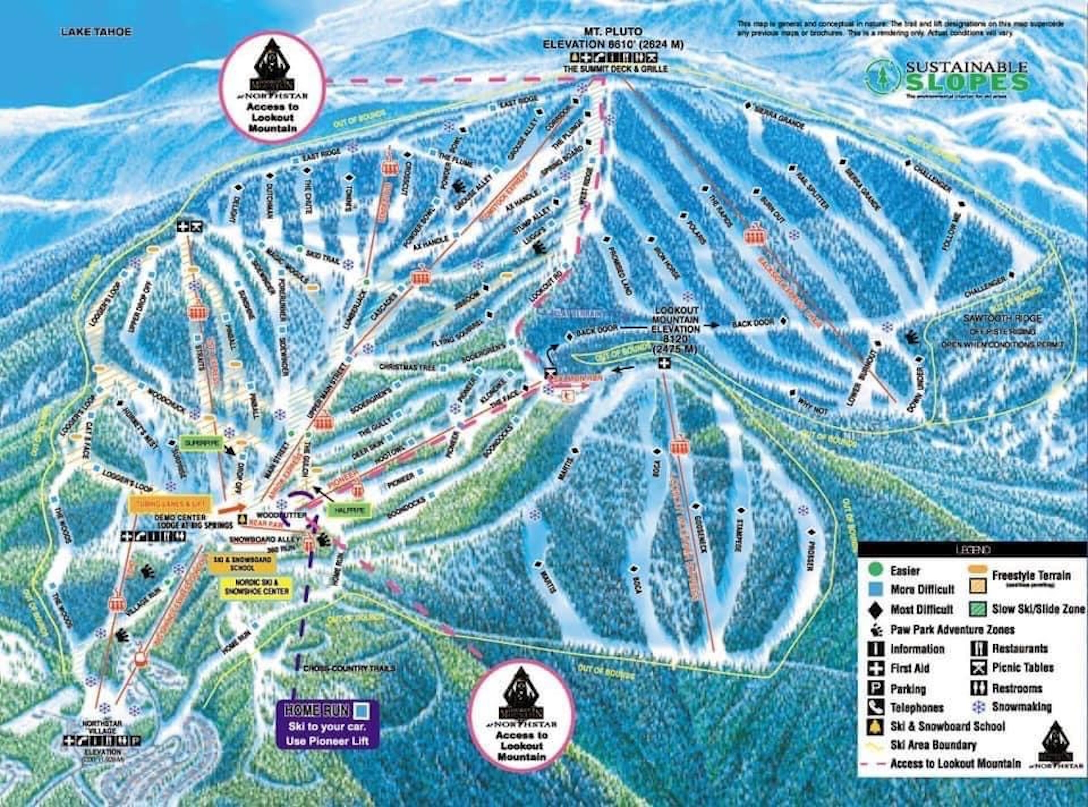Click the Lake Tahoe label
pos(96,32)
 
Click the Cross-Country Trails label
pos(349,668)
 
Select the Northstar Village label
pos(102,727)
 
